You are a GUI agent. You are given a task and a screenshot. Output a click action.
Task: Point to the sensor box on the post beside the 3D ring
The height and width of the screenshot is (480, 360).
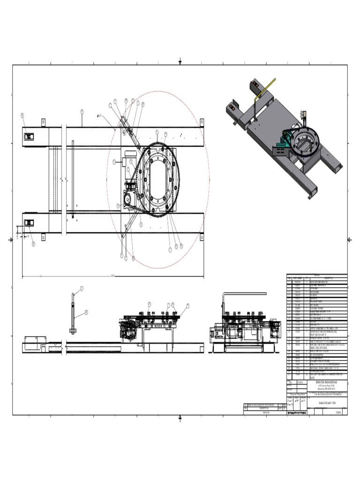click(304, 114)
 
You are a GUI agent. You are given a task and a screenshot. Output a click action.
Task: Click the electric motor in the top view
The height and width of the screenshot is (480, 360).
click(131, 161)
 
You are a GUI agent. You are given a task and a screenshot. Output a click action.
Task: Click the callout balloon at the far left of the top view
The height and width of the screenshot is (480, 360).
click(22, 115)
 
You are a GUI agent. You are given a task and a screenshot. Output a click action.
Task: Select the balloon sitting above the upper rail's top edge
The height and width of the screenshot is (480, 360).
click(82, 112)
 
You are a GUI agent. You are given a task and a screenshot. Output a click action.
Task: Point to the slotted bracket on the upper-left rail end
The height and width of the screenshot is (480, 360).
click(29, 136)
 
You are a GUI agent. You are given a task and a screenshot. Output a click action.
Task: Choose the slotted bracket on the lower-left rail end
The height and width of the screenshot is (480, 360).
click(29, 222)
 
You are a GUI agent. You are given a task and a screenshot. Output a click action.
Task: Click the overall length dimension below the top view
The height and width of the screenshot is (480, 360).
click(112, 276)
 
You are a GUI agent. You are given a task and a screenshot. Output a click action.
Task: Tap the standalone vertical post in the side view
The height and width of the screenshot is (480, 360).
click(74, 312)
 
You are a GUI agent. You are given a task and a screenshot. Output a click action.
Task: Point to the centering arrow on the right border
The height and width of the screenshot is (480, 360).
click(349, 240)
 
